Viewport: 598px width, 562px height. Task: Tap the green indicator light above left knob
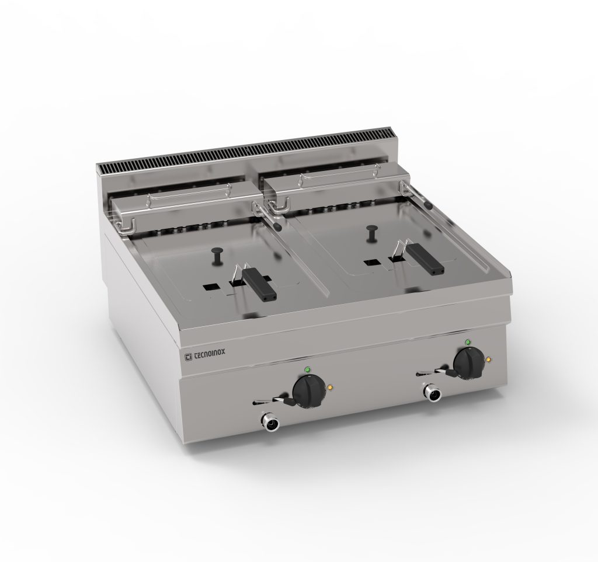pos(307,369)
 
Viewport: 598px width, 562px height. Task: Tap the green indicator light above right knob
pos(468,342)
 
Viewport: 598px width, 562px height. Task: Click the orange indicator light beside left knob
pos(331,388)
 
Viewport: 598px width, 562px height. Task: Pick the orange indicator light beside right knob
pos(489,359)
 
